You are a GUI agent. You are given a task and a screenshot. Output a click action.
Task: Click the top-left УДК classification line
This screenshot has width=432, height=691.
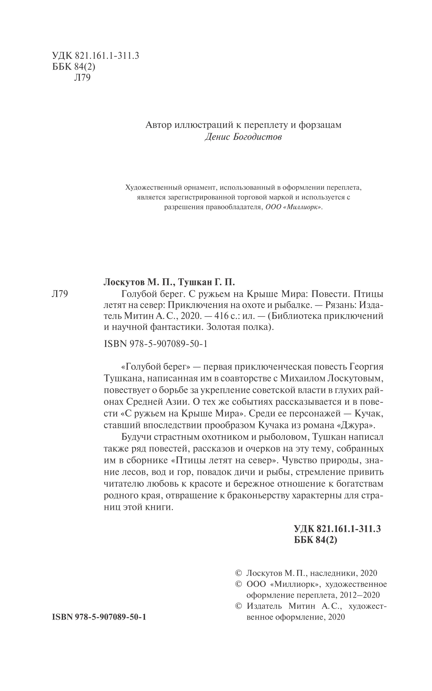95,56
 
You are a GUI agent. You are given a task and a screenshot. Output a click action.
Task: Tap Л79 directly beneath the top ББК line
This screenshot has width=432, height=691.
83,78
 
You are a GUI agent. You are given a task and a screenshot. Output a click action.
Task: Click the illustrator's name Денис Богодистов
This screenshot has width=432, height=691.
243,137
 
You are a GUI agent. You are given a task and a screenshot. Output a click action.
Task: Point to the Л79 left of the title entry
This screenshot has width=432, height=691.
60,294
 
